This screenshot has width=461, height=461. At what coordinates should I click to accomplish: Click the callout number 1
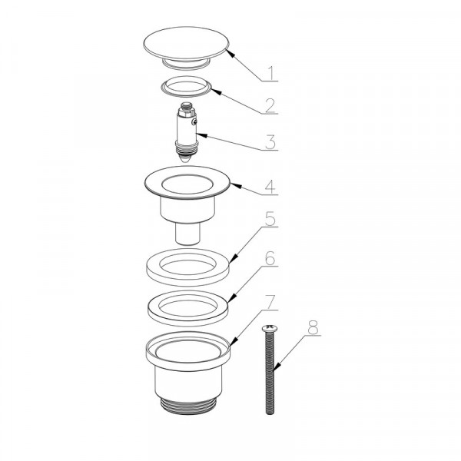pyautogui.click(x=271, y=74)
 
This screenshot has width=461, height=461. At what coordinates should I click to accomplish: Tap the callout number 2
pyautogui.click(x=270, y=106)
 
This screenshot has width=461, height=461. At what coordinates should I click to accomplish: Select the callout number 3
pyautogui.click(x=270, y=142)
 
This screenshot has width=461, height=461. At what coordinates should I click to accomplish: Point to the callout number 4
pyautogui.click(x=270, y=187)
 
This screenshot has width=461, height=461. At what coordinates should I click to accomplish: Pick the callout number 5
pyautogui.click(x=270, y=219)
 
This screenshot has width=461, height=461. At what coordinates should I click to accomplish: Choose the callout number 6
pyautogui.click(x=270, y=258)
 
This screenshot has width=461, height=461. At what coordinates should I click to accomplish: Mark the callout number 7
pyautogui.click(x=271, y=302)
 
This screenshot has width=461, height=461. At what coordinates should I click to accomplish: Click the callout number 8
pyautogui.click(x=313, y=327)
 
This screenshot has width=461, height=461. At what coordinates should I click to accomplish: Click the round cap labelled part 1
pyautogui.click(x=186, y=46)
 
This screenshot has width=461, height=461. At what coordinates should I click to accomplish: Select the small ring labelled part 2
pyautogui.click(x=186, y=91)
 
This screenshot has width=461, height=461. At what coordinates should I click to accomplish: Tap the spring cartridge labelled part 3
pyautogui.click(x=186, y=132)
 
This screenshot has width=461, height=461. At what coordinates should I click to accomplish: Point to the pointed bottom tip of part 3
pyautogui.click(x=186, y=162)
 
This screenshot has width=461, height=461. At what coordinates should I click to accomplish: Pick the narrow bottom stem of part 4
pyautogui.click(x=188, y=234)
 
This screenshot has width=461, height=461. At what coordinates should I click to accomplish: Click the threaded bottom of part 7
pyautogui.click(x=189, y=405)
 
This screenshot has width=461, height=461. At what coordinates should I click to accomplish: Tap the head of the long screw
pyautogui.click(x=270, y=328)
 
